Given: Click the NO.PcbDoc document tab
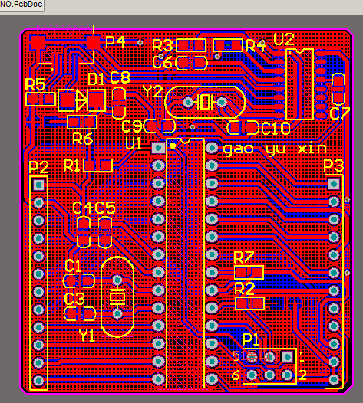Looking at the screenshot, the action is [21, 5].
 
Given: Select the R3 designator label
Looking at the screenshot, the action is [163, 45].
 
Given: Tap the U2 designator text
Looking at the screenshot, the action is [284, 39].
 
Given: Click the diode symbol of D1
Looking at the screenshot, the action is [81, 100].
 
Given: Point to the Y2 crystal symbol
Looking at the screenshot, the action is [205, 103].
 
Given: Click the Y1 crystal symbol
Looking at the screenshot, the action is [117, 297].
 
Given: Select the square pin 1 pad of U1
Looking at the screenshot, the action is [158, 148].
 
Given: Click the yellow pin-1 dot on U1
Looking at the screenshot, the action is [173, 146].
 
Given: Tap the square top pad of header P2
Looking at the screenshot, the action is [38, 185].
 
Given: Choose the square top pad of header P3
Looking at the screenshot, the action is [334, 184].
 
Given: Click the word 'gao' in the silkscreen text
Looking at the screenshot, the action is [239, 149].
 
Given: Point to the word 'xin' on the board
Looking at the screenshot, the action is [312, 149].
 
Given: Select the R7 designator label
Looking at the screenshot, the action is [244, 257].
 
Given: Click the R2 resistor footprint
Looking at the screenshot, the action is [249, 303].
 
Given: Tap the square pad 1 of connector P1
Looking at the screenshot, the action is [287, 356].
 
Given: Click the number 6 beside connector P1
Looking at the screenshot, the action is [236, 375].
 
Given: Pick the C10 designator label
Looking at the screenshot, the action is [276, 128].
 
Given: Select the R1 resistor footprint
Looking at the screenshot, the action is [97, 165].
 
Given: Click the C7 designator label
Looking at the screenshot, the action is [340, 113].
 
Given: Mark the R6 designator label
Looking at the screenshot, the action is [83, 139].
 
